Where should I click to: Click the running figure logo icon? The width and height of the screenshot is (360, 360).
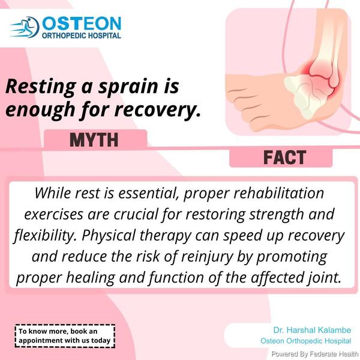(x=25, y=27)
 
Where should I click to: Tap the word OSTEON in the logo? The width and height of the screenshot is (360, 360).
(x=82, y=23)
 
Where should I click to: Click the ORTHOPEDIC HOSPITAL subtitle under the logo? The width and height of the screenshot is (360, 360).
(x=82, y=35)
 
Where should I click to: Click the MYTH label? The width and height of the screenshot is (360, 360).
(x=94, y=140)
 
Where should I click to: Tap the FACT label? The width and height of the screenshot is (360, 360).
(x=284, y=157)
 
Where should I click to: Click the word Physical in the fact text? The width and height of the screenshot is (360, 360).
(x=109, y=236)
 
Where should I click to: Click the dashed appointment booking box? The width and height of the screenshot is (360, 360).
(x=65, y=336)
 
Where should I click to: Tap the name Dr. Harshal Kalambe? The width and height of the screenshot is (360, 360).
(x=312, y=330)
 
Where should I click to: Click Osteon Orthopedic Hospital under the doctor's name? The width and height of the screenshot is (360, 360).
(x=305, y=341)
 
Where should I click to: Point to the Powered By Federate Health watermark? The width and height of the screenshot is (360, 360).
(x=316, y=354)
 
